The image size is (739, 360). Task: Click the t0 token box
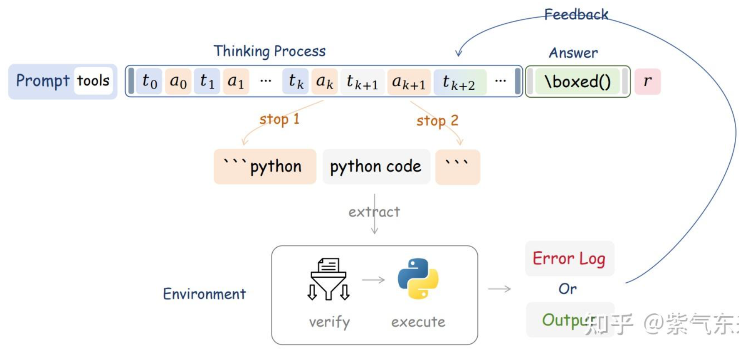click(x=149, y=81)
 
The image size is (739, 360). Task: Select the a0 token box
click(x=178, y=81)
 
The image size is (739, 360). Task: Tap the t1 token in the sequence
click(x=207, y=81)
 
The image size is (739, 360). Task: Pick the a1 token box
click(x=236, y=81)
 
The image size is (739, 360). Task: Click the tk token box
click(x=296, y=81)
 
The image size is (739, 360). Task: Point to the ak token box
click(x=324, y=81)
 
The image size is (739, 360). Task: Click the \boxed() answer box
click(x=577, y=81)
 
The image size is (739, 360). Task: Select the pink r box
click(x=648, y=81)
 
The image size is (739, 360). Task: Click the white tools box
click(x=93, y=81)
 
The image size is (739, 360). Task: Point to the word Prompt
click(x=43, y=81)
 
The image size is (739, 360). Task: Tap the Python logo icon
click(x=418, y=279)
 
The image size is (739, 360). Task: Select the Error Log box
click(x=569, y=259)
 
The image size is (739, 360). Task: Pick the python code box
click(x=376, y=167)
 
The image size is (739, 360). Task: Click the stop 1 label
click(x=279, y=119)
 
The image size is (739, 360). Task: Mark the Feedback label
click(x=576, y=15)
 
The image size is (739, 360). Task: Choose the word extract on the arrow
click(x=375, y=212)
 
